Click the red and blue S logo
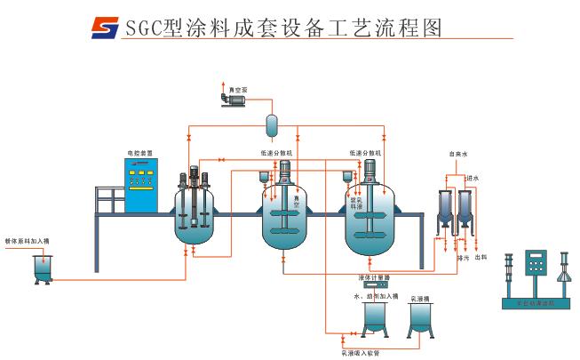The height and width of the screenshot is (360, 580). (105, 27)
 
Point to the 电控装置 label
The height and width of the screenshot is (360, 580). (139, 154)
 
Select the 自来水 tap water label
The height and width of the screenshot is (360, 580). (457, 155)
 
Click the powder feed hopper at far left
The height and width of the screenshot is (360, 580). (43, 267)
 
